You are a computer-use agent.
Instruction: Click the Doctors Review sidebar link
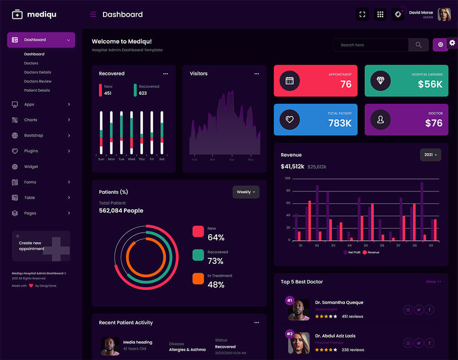(x=38, y=81)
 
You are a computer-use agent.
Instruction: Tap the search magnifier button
(x=419, y=45)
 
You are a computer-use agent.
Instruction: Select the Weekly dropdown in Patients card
(x=246, y=192)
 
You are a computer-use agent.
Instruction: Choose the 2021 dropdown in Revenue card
(x=431, y=155)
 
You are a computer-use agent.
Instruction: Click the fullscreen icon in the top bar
(x=362, y=15)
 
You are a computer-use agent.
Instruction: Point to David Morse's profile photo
(x=444, y=15)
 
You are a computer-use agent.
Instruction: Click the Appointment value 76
(x=346, y=84)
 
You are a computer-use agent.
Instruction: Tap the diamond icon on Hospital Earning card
(x=381, y=81)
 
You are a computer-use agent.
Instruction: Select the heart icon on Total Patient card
(x=289, y=120)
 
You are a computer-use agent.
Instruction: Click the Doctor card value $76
(x=434, y=123)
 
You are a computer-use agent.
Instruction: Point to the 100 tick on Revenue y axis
(x=288, y=178)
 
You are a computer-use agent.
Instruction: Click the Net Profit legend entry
(x=352, y=252)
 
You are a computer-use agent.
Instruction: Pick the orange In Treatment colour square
(x=198, y=278)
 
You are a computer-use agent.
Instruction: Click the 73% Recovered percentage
(x=215, y=261)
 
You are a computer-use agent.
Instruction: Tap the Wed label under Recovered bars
(x=131, y=159)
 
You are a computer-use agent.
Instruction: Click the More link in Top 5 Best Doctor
(x=433, y=282)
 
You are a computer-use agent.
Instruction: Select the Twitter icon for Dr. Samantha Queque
(x=419, y=310)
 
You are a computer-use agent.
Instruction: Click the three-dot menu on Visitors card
(x=256, y=74)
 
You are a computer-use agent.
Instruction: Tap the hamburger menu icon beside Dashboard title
(x=93, y=15)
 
